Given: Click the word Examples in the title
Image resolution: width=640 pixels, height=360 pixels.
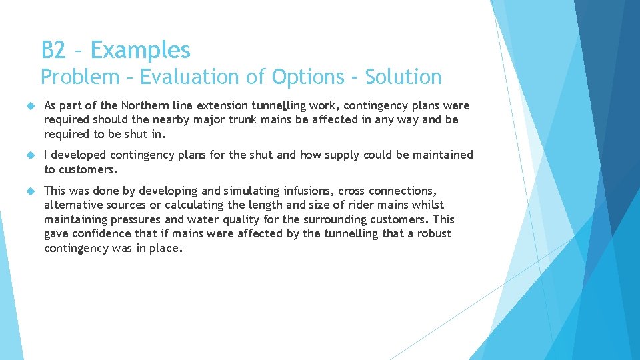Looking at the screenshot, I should tap(140, 50).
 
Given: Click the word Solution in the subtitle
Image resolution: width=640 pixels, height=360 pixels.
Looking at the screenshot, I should tap(403, 77).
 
